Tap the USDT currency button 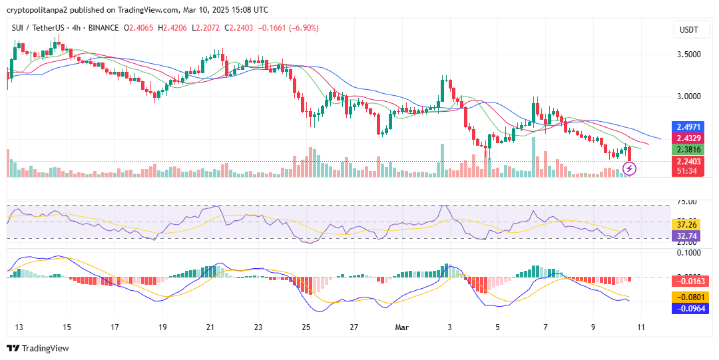688,30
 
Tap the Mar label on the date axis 401,327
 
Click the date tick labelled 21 210,327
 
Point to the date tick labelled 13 19,327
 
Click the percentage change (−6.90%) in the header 302,28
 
